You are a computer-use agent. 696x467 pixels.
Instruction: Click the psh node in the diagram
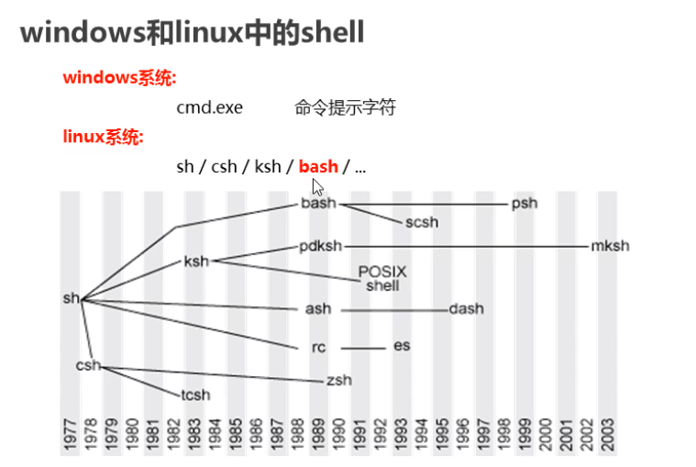(x=525, y=204)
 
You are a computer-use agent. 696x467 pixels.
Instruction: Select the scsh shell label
(x=422, y=222)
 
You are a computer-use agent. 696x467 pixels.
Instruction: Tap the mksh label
(x=611, y=246)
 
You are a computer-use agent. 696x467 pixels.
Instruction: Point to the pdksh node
(x=320, y=246)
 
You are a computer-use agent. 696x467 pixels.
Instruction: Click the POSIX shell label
(x=382, y=279)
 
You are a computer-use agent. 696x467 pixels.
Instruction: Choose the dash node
(x=466, y=309)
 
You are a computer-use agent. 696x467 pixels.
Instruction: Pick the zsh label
(x=337, y=380)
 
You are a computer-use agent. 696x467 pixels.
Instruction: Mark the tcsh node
(x=195, y=395)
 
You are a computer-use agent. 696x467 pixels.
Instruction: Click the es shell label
(x=402, y=346)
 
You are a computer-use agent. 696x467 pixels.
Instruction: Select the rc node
(x=319, y=348)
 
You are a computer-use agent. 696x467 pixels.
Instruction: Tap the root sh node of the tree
(x=72, y=298)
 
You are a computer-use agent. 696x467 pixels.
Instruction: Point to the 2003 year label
(x=607, y=436)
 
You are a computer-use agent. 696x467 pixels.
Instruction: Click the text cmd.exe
(x=210, y=107)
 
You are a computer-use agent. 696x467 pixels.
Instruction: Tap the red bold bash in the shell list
(x=318, y=167)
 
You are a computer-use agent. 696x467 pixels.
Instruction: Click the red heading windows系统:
(x=119, y=78)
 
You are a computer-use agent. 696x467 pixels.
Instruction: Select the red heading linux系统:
(x=103, y=138)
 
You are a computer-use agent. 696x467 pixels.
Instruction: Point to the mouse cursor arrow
(x=317, y=186)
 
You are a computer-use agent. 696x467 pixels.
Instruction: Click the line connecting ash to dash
(x=394, y=310)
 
